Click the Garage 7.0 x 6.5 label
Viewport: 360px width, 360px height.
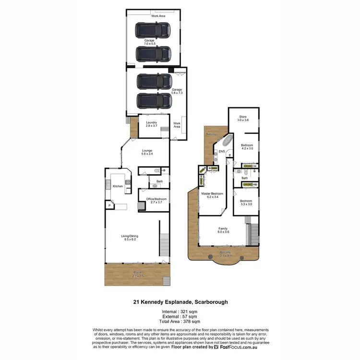[x=149, y=42]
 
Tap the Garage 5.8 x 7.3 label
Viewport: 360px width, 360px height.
[x=177, y=91]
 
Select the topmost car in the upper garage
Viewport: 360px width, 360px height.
[x=153, y=31]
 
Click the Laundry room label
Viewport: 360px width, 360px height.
[x=152, y=124]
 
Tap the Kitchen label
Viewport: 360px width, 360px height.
[x=118, y=186]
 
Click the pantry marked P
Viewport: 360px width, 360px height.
[x=110, y=205]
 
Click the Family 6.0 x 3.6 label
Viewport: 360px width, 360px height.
[x=223, y=230]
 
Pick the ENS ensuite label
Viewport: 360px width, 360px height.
[x=222, y=152]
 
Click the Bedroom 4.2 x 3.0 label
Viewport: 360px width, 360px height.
[x=247, y=147]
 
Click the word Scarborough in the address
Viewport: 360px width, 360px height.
[x=210, y=302]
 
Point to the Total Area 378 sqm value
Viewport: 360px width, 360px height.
[x=180, y=321]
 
